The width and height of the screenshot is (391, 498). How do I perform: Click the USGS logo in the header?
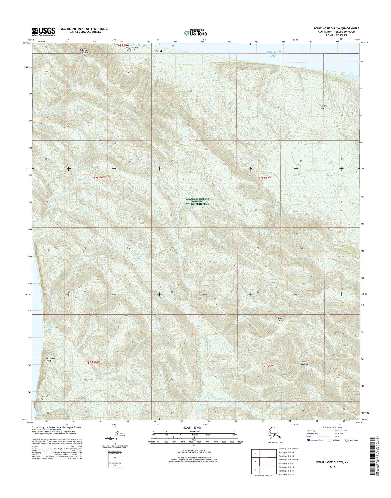44,32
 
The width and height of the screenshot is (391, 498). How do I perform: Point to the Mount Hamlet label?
305,363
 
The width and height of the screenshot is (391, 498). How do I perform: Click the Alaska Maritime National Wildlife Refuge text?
198,201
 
